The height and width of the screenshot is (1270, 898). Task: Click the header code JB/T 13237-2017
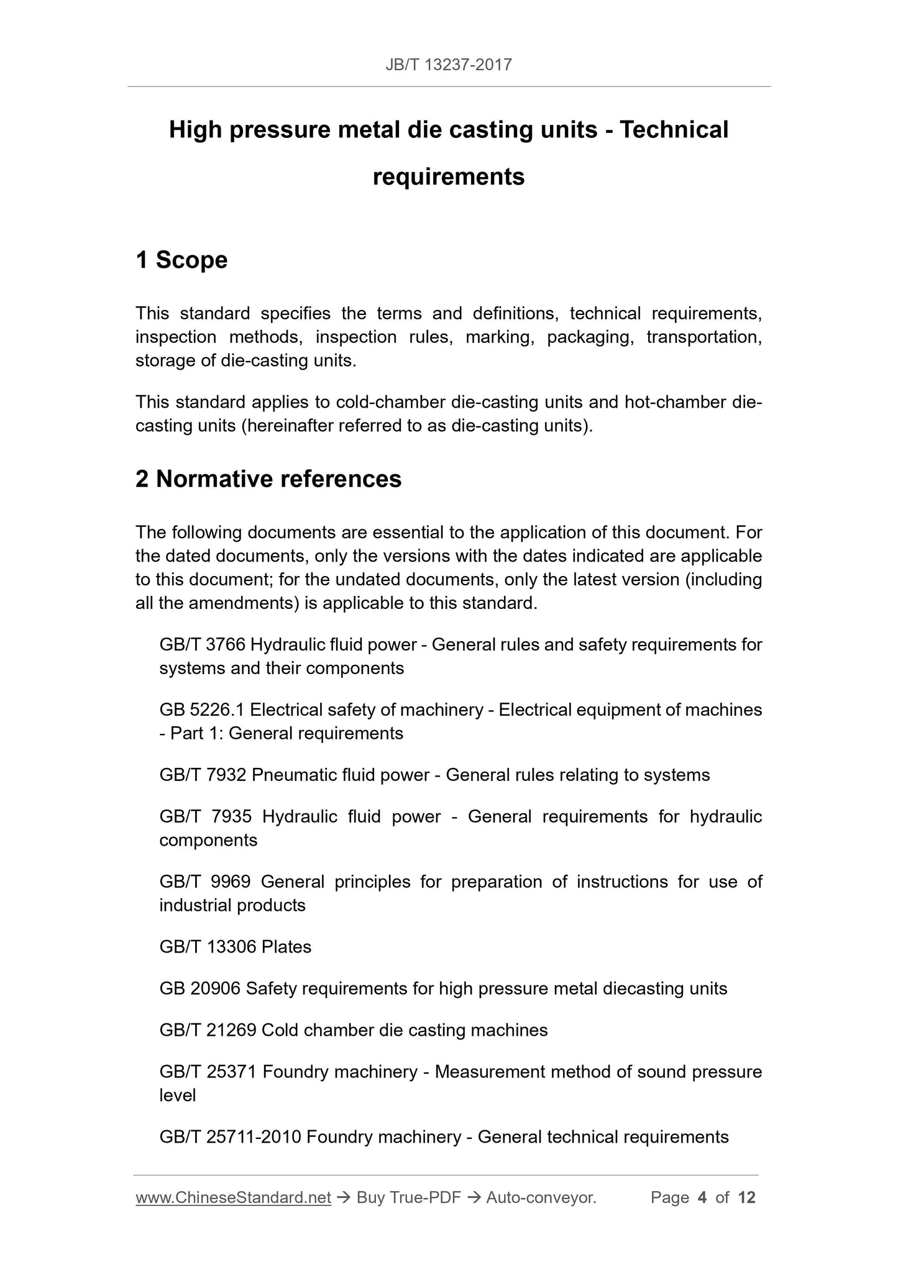pyautogui.click(x=449, y=65)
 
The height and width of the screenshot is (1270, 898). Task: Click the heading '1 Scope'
pyautogui.click(x=181, y=260)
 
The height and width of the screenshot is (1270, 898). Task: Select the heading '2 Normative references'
pyautogui.click(x=268, y=479)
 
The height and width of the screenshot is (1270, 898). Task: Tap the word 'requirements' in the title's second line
pyautogui.click(x=449, y=177)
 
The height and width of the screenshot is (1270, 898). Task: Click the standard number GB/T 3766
pyautogui.click(x=203, y=645)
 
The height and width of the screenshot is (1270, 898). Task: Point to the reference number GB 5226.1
pyautogui.click(x=202, y=710)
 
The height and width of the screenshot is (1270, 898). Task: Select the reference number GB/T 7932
pyautogui.click(x=203, y=775)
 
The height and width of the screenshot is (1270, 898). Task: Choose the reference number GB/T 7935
pyautogui.click(x=205, y=816)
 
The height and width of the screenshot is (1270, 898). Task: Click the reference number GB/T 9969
pyautogui.click(x=205, y=882)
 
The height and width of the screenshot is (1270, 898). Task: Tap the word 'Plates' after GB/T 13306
pyautogui.click(x=286, y=947)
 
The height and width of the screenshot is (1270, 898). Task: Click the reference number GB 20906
pyautogui.click(x=200, y=989)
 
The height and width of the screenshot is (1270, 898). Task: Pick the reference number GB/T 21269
pyautogui.click(x=208, y=1030)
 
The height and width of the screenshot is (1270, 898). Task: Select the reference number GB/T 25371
pyautogui.click(x=208, y=1072)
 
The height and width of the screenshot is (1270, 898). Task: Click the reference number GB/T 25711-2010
pyautogui.click(x=230, y=1137)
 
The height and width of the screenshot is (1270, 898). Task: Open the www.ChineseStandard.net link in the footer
pyautogui.click(x=233, y=1197)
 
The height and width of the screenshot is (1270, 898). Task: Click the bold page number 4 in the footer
pyautogui.click(x=702, y=1197)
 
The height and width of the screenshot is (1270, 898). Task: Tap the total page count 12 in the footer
pyautogui.click(x=746, y=1197)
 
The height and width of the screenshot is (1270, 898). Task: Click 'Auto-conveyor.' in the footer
pyautogui.click(x=541, y=1197)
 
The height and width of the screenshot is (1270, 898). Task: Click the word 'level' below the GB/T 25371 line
pyautogui.click(x=178, y=1095)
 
